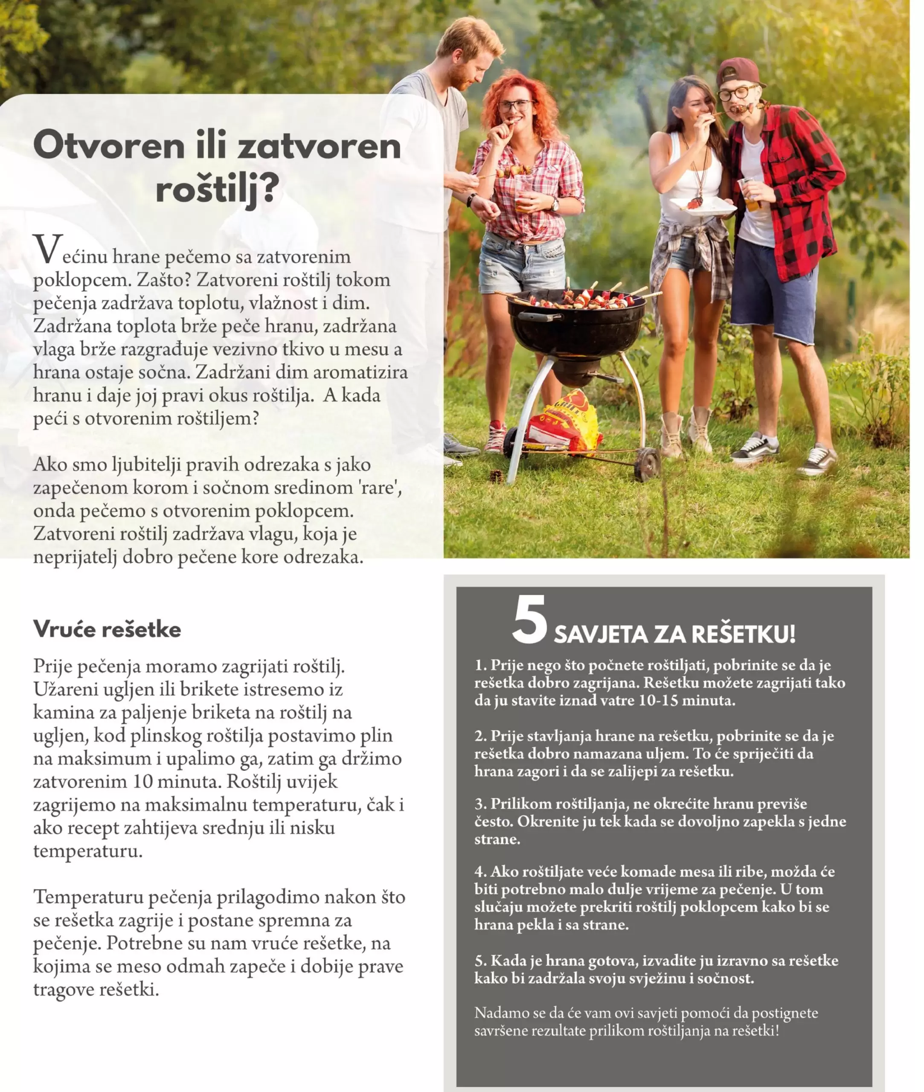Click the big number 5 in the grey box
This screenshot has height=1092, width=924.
(x=529, y=620)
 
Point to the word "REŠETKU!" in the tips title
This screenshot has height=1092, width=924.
(x=744, y=634)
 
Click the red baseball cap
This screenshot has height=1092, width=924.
(x=740, y=72)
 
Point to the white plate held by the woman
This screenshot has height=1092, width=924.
(x=702, y=206)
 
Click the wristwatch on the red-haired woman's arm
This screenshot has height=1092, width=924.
(x=554, y=205)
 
